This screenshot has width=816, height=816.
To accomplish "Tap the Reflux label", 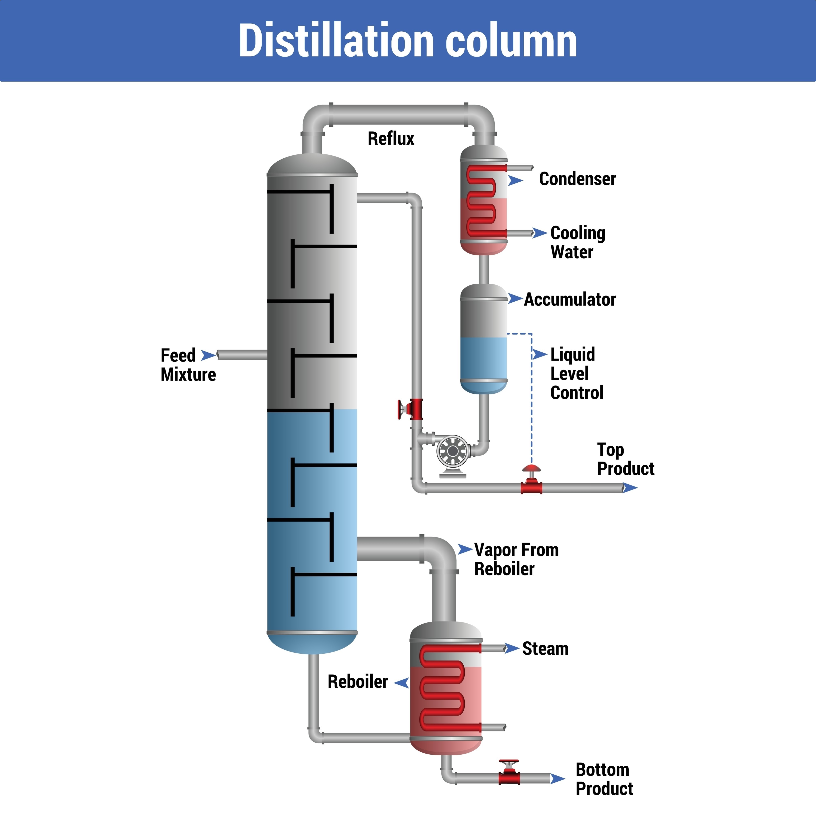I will pyautogui.click(x=391, y=139).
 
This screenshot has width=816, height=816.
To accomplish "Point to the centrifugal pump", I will pyautogui.click(x=452, y=451).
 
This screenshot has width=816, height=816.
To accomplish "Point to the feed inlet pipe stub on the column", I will pyautogui.click(x=242, y=355).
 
